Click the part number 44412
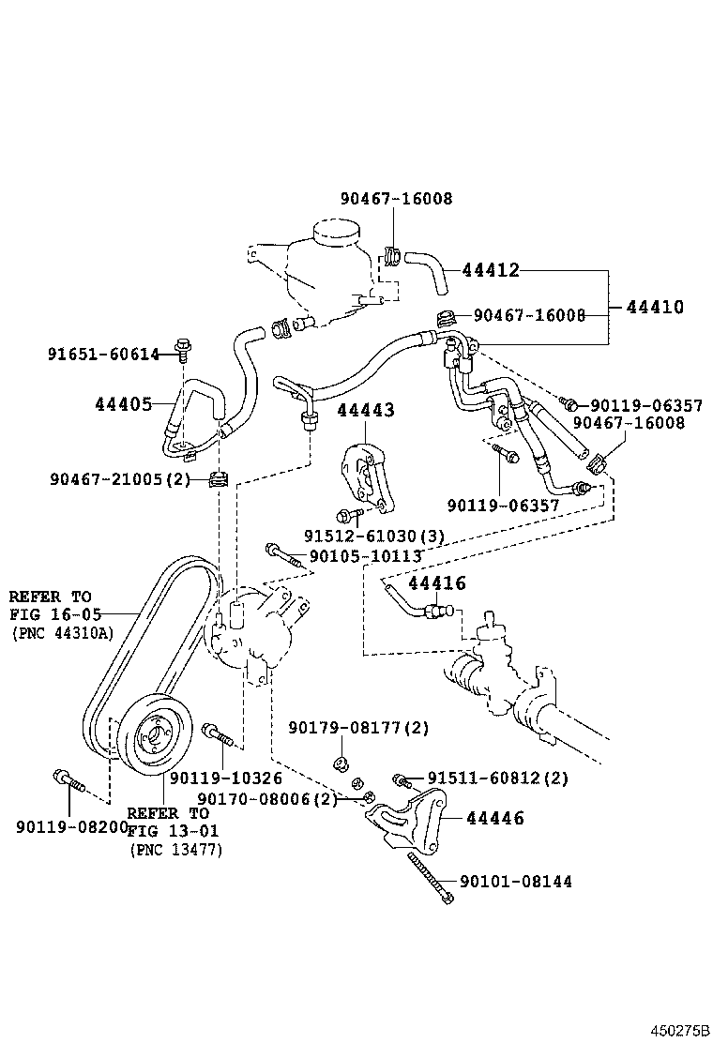[490, 270]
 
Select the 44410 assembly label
[655, 307]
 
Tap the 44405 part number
[123, 404]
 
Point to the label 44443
[366, 410]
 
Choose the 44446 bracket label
[493, 819]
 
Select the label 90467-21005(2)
[120, 479]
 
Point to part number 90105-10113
[365, 556]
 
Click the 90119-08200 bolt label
[72, 826]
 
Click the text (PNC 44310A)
[62, 633]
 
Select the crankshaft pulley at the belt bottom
[157, 733]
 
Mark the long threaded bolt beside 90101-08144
[431, 877]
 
